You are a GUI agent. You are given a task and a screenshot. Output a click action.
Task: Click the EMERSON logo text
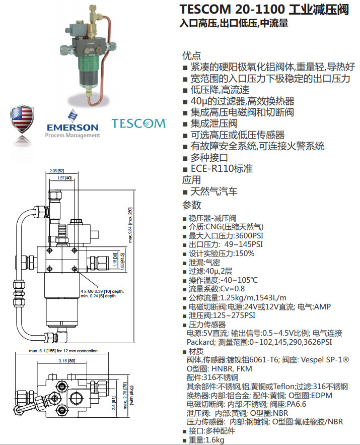point(73,126)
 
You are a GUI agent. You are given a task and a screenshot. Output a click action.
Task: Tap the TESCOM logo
point(138,123)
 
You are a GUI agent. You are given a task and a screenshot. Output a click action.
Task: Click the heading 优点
point(191,55)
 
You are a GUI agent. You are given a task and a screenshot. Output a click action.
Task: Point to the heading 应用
point(191,180)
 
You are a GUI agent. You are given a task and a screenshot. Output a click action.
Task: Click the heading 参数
point(191,205)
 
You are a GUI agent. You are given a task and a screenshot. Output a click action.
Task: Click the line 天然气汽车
point(213,192)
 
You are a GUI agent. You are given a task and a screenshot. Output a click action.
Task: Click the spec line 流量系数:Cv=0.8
point(217,289)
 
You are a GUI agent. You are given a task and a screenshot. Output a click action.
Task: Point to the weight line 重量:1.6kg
point(206,440)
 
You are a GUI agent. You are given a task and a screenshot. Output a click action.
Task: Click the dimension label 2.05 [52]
point(58,171)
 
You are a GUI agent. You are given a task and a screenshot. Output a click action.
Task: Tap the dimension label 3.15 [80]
point(67,361)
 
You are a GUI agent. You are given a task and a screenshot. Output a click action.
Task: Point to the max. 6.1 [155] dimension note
point(63,351)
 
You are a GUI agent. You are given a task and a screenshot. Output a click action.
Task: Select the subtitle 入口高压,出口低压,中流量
point(234,23)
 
